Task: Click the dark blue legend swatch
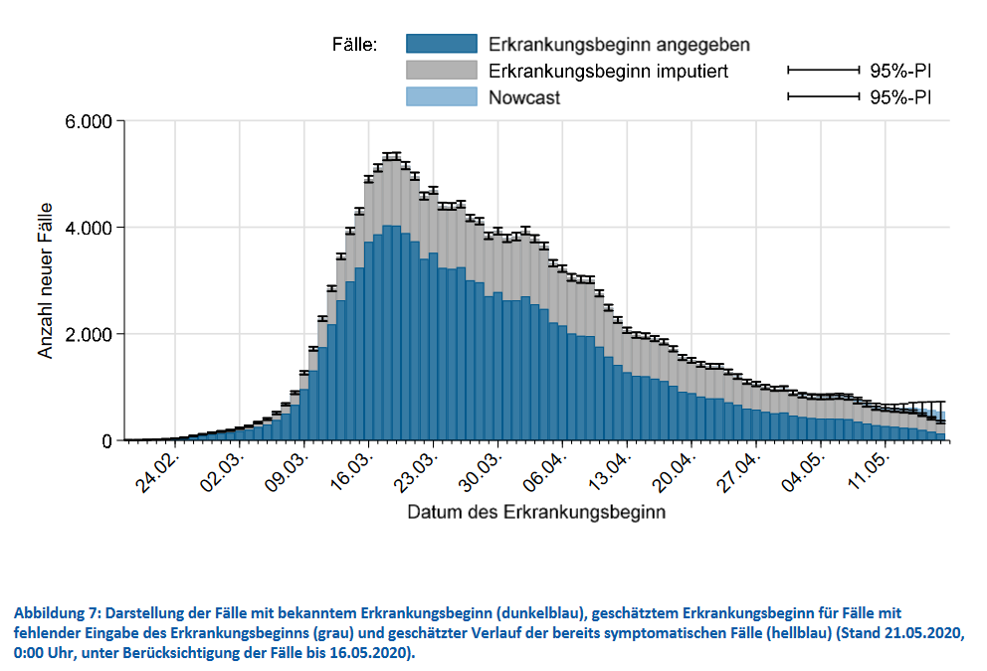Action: pos(441,45)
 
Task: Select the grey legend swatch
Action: pos(441,71)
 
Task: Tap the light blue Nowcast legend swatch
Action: pos(441,96)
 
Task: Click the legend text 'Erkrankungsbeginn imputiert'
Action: pos(609,72)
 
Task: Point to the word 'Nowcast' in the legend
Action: pos(524,97)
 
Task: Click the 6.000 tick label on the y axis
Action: pos(86,122)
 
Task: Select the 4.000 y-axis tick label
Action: pos(86,229)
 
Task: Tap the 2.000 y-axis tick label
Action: pos(86,335)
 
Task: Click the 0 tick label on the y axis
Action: pos(105,441)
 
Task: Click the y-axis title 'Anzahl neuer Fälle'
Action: pos(46,281)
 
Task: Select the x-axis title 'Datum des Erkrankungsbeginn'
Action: pos(536,513)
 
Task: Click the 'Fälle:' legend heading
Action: pos(354,45)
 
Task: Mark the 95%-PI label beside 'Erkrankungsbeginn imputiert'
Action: pos(900,72)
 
